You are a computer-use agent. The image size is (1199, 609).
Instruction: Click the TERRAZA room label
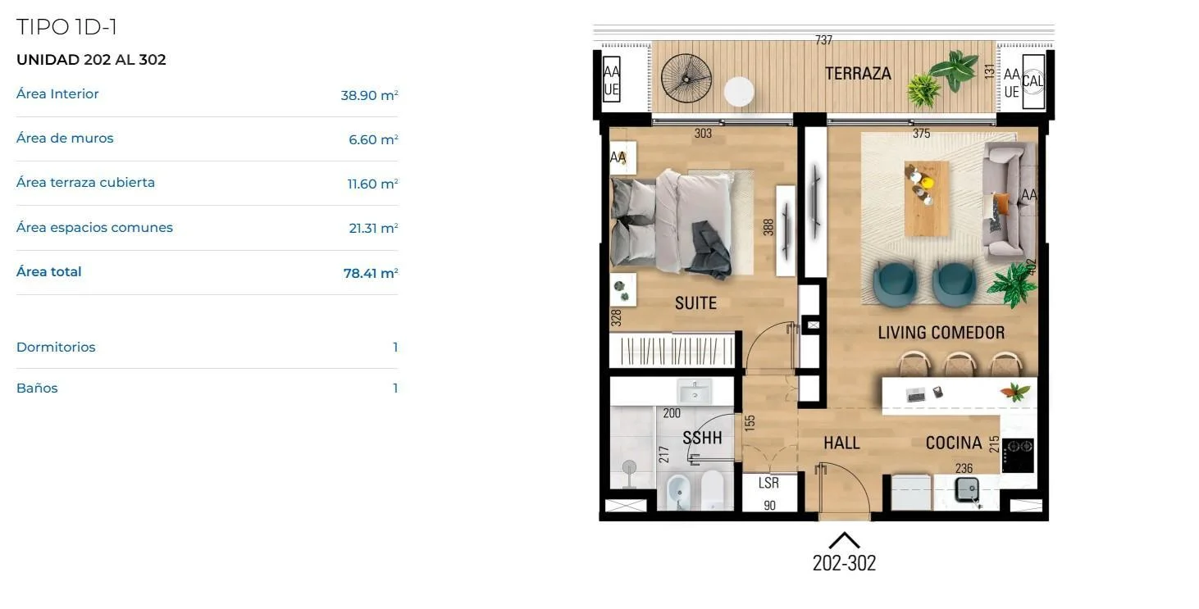click(x=858, y=73)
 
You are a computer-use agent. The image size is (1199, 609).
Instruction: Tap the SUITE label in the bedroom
click(x=695, y=303)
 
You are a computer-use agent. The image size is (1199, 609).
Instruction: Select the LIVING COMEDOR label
click(x=941, y=332)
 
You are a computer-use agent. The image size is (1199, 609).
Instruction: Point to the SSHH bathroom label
click(x=702, y=438)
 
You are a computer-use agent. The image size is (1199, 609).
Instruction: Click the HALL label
click(x=841, y=443)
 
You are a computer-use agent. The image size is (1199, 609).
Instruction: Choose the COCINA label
click(x=954, y=443)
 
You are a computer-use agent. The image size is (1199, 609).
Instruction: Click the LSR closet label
click(x=768, y=483)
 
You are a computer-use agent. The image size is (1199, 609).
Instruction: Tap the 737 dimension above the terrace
click(x=823, y=39)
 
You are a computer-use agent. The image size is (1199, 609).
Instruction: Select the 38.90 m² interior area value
click(x=369, y=95)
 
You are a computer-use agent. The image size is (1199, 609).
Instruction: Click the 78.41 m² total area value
click(x=371, y=273)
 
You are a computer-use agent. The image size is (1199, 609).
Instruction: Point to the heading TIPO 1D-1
click(x=66, y=27)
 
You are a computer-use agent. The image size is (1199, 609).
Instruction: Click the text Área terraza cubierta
click(x=85, y=183)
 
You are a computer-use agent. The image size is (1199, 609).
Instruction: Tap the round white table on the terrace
click(x=739, y=91)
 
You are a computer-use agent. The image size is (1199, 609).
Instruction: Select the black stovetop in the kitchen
click(x=1018, y=456)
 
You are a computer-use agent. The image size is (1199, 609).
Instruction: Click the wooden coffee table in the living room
click(x=927, y=198)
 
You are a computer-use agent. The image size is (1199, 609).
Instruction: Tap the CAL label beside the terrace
click(x=1033, y=81)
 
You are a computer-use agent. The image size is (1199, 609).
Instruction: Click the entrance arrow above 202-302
click(x=844, y=540)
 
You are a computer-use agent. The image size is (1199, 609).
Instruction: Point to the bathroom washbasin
click(x=695, y=391)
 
